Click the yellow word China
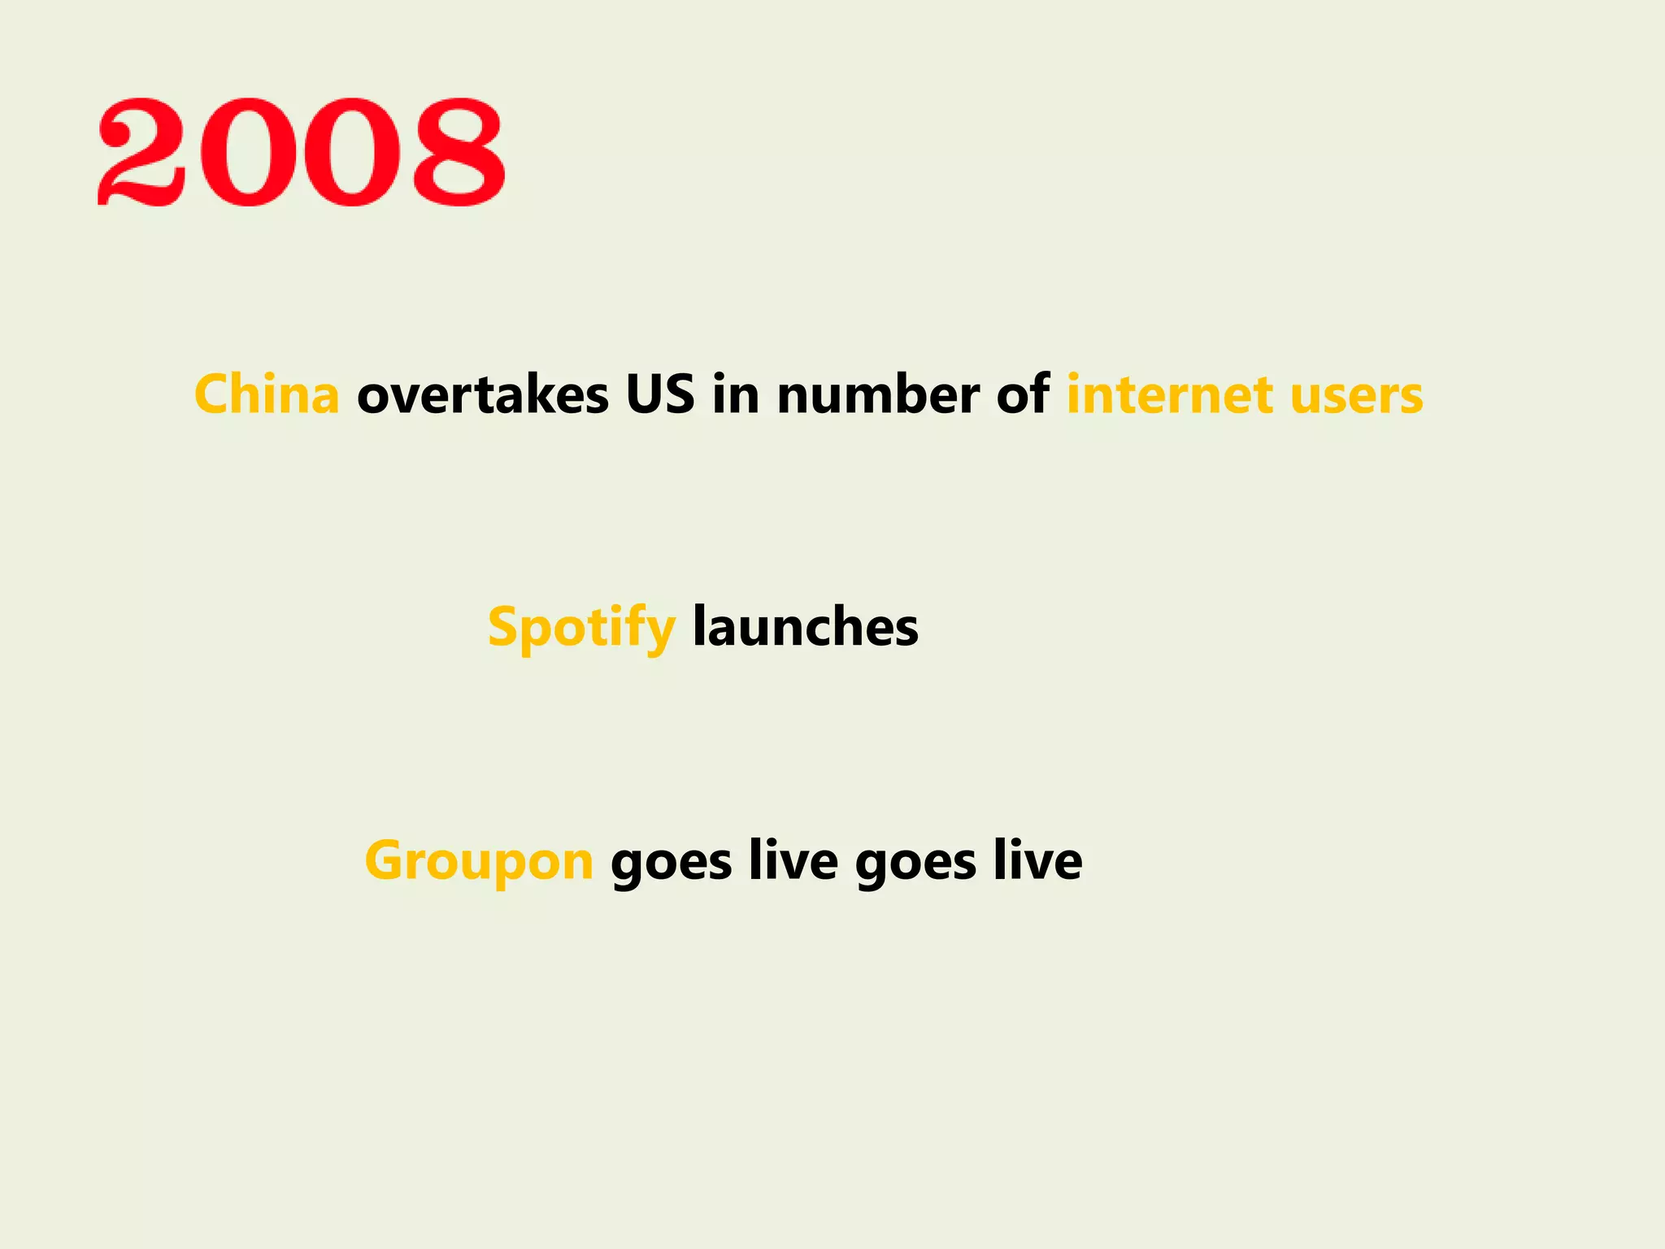pos(267,395)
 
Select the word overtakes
pos(483,395)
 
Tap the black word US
pos(660,395)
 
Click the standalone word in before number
pos(736,395)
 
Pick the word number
pos(878,395)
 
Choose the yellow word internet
pos(1169,395)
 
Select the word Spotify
pos(581,629)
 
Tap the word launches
pos(805,629)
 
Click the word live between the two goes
pos(793,861)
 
